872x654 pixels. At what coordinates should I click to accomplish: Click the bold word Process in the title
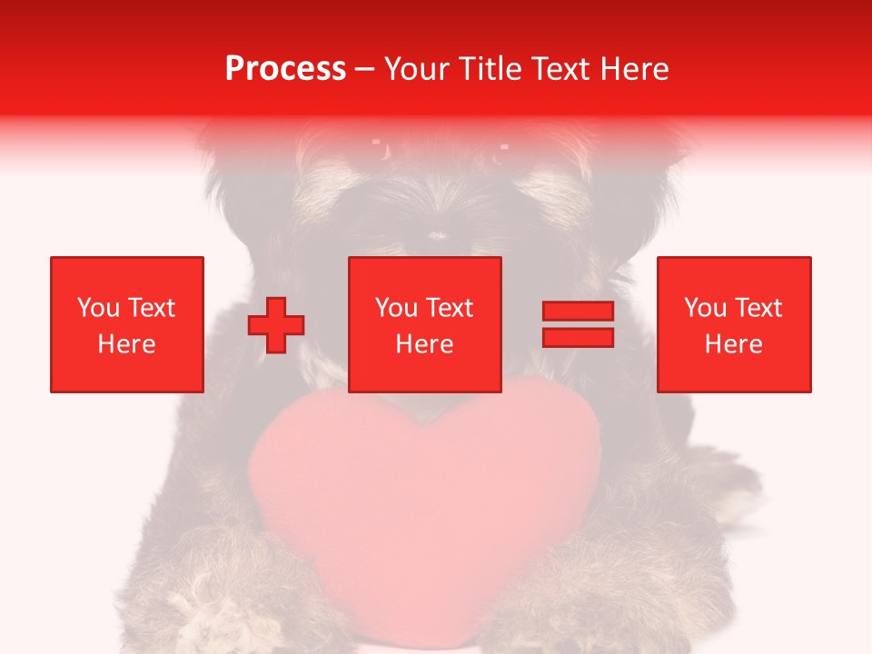tap(285, 69)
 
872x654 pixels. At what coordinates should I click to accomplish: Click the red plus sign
tap(276, 325)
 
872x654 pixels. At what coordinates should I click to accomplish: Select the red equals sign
tap(578, 324)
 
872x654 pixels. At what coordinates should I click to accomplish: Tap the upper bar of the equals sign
tap(578, 312)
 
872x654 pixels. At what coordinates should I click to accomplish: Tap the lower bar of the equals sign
tap(578, 337)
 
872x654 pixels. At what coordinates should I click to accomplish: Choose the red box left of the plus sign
tap(127, 324)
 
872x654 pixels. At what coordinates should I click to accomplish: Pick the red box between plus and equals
tap(425, 324)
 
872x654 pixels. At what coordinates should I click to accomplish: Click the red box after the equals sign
tap(734, 324)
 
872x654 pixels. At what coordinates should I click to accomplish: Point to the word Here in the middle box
tap(425, 344)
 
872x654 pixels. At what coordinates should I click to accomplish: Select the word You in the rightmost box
tap(705, 308)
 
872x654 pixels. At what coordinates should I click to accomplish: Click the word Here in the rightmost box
tap(734, 344)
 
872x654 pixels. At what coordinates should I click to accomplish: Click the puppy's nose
tap(439, 234)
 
